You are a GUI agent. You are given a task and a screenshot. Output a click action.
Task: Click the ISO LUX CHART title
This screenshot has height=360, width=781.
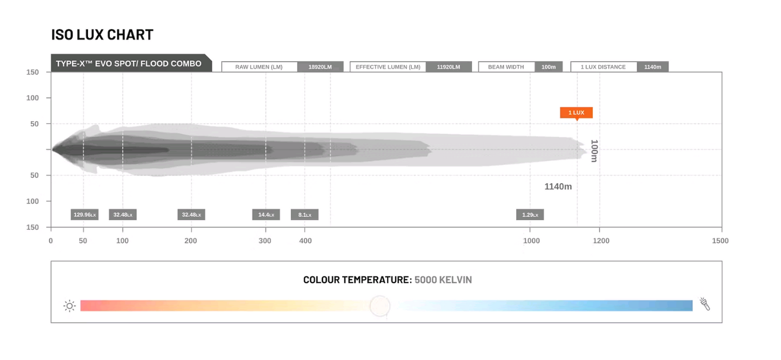click(102, 35)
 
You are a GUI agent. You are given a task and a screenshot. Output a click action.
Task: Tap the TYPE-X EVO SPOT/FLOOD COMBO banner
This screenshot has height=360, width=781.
click(131, 63)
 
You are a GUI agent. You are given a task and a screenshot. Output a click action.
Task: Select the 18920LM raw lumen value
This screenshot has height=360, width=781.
click(320, 66)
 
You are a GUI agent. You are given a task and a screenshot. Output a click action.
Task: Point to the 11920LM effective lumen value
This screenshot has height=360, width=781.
click(449, 66)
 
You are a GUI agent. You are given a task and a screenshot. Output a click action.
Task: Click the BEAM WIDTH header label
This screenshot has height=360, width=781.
click(506, 66)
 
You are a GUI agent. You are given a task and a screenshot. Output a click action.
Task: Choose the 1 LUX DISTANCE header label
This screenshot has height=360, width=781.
click(603, 66)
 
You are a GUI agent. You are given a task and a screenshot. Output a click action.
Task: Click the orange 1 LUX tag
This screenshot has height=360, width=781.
click(576, 112)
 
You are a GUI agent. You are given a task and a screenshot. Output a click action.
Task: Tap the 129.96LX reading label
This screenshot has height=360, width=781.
click(85, 215)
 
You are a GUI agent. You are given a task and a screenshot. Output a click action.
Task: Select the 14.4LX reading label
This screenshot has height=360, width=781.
click(266, 215)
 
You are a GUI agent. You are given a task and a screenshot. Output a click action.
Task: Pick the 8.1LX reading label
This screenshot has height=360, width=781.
click(305, 215)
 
